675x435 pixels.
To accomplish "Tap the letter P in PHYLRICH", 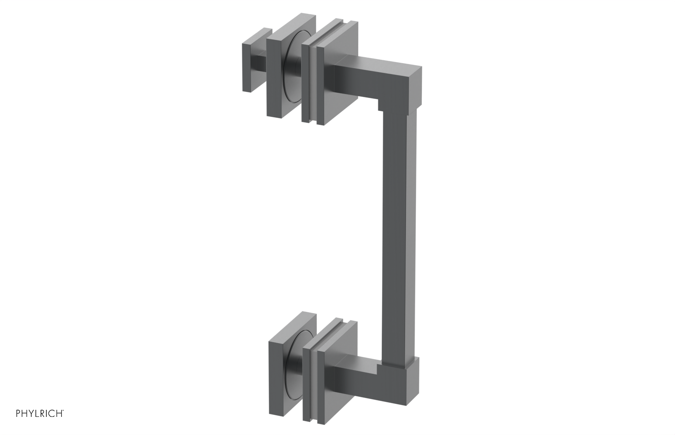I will [x=19, y=414].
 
